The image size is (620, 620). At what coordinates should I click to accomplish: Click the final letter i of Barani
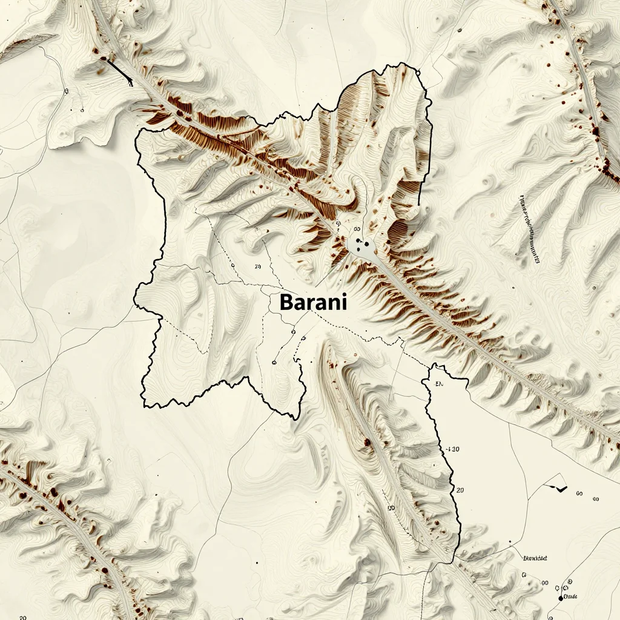[345, 302]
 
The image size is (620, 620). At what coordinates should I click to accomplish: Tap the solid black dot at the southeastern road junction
[561, 598]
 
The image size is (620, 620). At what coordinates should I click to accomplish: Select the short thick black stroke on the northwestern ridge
[120, 71]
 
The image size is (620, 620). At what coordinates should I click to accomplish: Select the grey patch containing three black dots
[362, 246]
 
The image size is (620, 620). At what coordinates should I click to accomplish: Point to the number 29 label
[258, 266]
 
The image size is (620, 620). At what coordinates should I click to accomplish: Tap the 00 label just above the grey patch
[357, 229]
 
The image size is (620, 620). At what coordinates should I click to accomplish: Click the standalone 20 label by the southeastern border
[460, 490]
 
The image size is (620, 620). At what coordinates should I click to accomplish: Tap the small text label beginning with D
[534, 558]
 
